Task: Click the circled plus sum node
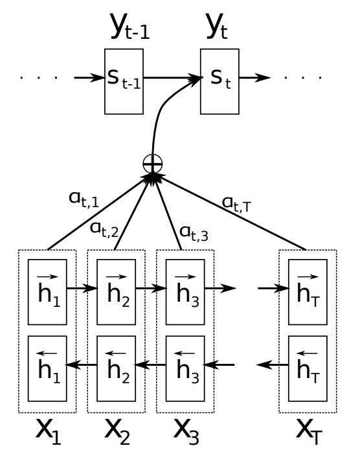(153, 164)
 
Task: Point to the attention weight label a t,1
(84, 199)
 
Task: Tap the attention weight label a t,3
(194, 234)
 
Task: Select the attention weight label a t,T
(236, 205)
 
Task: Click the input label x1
(49, 432)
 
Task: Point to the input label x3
(186, 432)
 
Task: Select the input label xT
(309, 432)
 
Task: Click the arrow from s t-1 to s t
(172, 78)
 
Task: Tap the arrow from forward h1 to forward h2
(82, 288)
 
